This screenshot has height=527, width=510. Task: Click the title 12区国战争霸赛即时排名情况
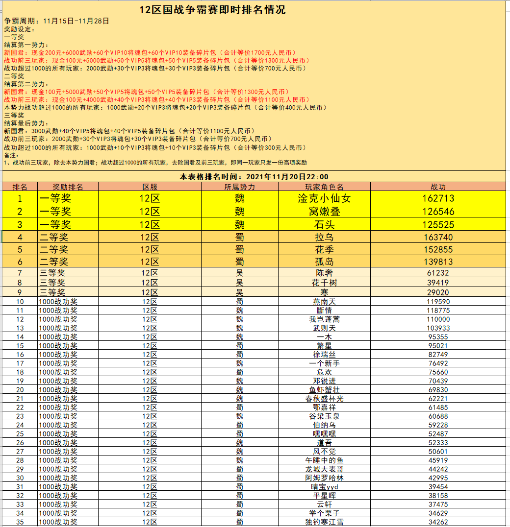212,10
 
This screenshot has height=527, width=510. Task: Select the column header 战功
438,187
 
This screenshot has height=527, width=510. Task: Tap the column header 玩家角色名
324,187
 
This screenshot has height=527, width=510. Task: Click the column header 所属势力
239,187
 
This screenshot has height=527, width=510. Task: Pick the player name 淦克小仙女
324,198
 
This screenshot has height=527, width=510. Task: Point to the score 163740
438,237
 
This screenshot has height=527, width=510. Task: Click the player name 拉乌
324,237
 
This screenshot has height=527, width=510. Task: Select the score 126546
438,212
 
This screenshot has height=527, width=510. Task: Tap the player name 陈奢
324,273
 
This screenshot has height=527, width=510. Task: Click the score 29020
438,292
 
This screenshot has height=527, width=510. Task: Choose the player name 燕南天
324,302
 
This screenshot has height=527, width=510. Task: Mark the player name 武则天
324,328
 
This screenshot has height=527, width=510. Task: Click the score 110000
438,319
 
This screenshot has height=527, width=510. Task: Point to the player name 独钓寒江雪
324,522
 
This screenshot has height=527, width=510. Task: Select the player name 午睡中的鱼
324,460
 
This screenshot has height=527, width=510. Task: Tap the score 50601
438,452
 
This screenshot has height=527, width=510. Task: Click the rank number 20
20,390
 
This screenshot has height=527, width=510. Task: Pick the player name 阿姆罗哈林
324,478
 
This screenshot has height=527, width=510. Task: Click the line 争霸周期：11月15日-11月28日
56,21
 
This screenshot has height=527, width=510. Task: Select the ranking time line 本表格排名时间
254,177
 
